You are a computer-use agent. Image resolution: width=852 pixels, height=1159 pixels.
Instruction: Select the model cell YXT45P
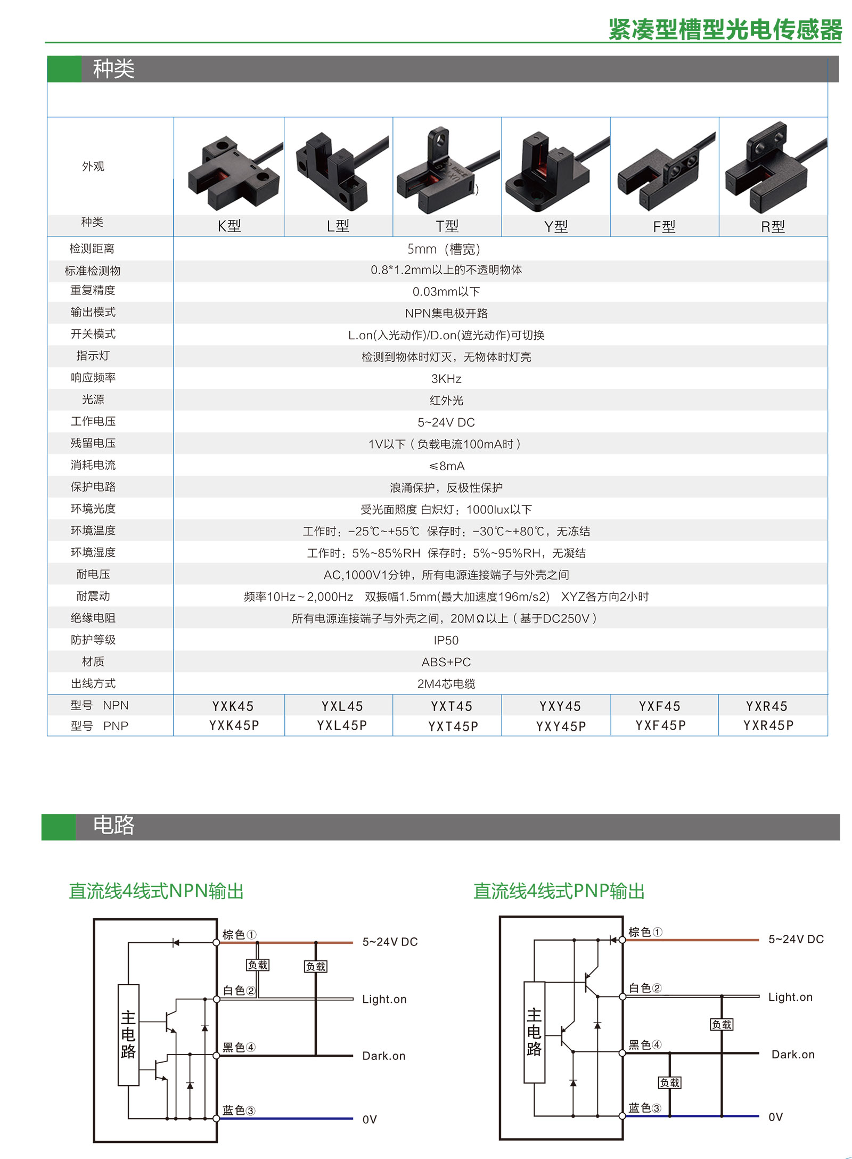[453, 727]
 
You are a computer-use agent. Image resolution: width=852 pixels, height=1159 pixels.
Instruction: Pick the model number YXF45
[660, 706]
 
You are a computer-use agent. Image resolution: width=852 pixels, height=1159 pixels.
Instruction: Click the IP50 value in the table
[446, 640]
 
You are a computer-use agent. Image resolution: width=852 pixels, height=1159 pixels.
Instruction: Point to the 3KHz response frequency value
[446, 379]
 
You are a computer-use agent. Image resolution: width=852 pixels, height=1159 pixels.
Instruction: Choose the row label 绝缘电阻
[93, 618]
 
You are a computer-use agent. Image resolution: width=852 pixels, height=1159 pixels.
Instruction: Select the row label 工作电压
[93, 421]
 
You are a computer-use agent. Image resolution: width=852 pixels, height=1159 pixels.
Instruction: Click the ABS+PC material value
[446, 662]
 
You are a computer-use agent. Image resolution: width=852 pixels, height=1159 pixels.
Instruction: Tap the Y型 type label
[556, 226]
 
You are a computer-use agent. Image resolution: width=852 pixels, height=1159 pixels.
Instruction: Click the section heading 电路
[113, 825]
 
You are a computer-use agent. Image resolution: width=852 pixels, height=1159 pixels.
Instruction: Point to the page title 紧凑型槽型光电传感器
[725, 29]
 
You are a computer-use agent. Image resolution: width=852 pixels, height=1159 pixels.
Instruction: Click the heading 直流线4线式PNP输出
[559, 891]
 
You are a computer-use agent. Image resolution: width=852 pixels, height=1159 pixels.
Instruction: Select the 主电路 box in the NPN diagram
[128, 1034]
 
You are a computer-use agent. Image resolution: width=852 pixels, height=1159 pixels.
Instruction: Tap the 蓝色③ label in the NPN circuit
[239, 1110]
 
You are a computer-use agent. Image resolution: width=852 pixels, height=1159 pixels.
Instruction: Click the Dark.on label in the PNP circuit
[793, 1055]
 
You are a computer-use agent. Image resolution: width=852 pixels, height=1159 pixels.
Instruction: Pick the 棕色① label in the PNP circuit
[645, 932]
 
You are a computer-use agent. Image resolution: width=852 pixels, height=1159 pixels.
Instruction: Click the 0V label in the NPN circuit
[370, 1120]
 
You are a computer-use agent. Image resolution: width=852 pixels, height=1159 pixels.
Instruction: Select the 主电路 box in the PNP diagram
[535, 1032]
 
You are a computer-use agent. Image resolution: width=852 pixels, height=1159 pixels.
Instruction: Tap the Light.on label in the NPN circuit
[384, 999]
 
